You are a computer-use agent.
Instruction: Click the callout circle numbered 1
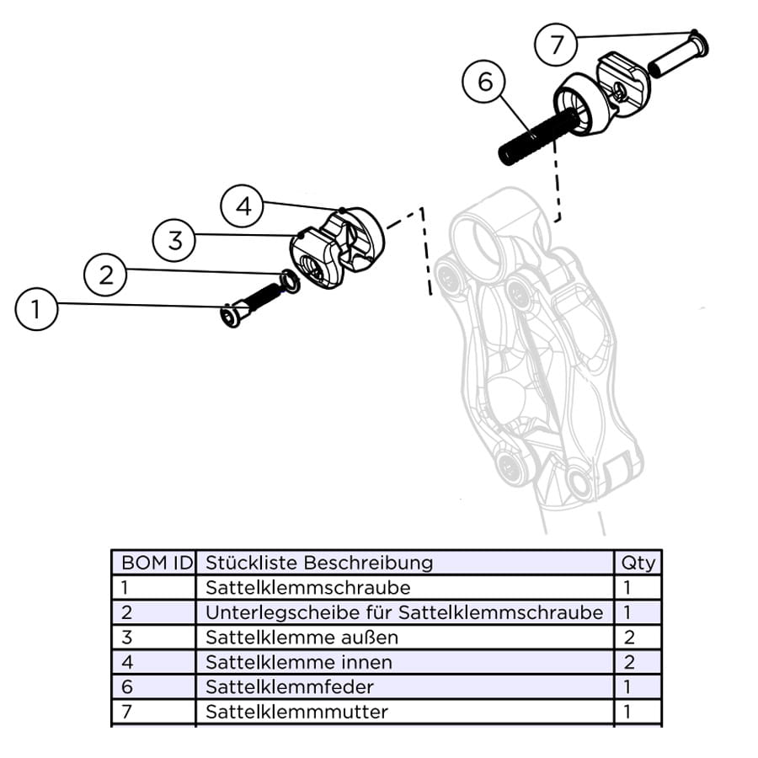pos(36,309)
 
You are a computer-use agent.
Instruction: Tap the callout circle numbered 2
pos(105,275)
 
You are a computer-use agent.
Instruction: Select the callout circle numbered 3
pos(174,240)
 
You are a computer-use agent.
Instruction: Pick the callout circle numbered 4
pos(243,206)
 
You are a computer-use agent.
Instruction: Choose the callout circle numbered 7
pos(557,45)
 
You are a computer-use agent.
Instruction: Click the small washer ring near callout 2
pos(288,281)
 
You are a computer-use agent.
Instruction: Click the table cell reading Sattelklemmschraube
pos(296,587)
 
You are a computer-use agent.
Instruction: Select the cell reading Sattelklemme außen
pos(302,638)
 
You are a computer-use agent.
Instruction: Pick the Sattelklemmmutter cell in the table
pos(296,712)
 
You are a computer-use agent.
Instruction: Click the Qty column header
pos(638,563)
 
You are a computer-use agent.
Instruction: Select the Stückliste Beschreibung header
pos(319,563)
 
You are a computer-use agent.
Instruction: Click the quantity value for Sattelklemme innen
pos(627,662)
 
